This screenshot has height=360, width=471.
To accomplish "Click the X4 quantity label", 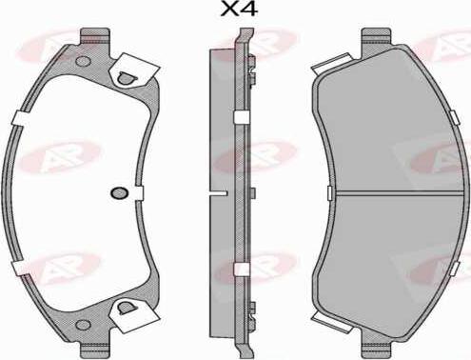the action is point(239,10).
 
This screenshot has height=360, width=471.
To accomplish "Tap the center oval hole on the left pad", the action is point(119,192).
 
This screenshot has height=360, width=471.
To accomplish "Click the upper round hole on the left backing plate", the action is point(84,61).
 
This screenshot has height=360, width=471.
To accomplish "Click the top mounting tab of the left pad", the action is point(95,36).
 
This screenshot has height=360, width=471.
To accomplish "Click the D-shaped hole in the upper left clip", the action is point(126,78).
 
